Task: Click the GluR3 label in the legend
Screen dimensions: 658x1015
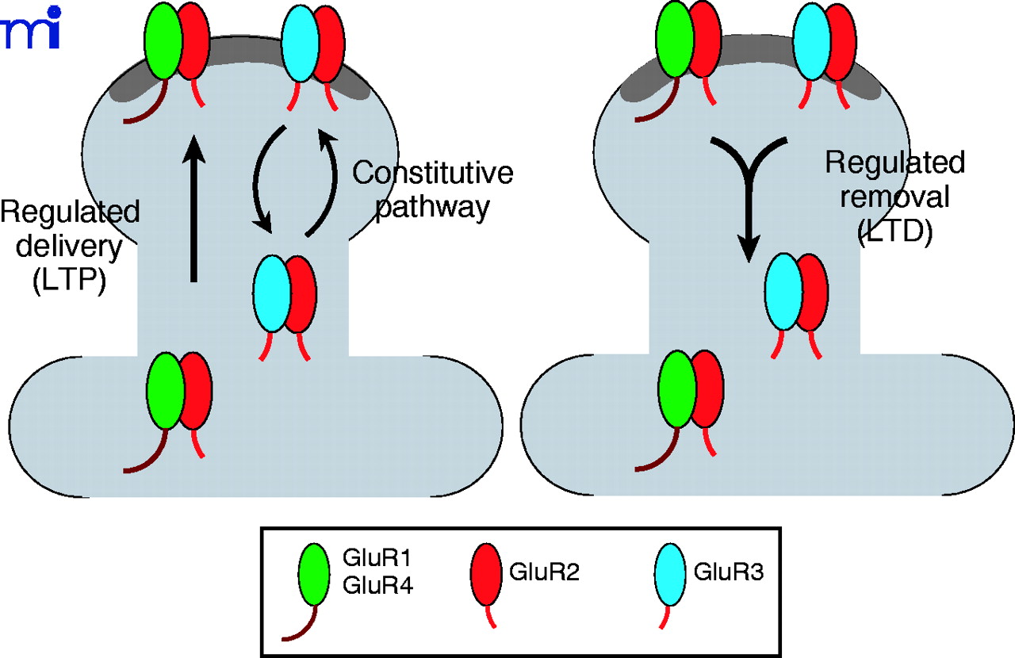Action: click(x=729, y=572)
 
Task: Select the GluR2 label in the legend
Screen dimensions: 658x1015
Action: click(x=545, y=572)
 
